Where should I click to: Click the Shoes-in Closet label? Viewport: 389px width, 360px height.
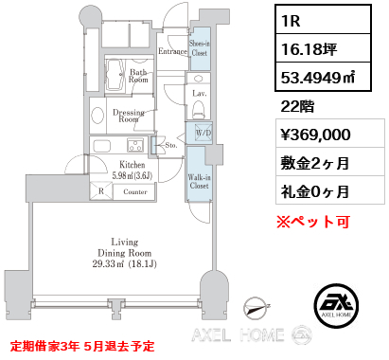point(200,48)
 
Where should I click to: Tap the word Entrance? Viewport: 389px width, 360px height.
point(172,51)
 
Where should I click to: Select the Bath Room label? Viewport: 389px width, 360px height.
point(138,76)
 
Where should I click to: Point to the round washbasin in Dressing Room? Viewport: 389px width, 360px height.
point(97,116)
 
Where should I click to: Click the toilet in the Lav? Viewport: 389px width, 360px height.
point(199,110)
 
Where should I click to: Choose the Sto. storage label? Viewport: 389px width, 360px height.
point(171,145)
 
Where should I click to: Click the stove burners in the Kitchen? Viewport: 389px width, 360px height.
point(135,145)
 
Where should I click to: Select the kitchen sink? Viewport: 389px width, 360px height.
point(101,146)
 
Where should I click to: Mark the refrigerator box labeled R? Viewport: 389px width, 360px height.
point(101,191)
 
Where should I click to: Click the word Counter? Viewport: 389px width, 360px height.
point(135,191)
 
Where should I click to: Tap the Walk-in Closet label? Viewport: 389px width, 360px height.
point(200,181)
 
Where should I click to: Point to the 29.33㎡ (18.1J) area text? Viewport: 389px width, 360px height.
point(124,263)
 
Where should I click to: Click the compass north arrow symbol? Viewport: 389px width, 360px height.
point(256,308)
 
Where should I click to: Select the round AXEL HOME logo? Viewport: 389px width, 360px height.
point(336,305)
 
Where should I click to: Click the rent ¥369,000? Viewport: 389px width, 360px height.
point(315,135)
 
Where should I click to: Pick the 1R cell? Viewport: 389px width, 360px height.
point(323,19)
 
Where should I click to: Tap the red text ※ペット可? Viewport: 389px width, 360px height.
point(313,222)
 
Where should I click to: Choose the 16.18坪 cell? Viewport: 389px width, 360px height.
point(323,47)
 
